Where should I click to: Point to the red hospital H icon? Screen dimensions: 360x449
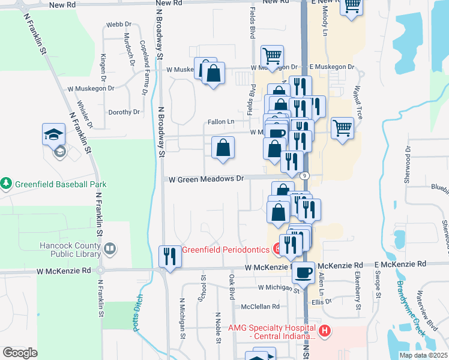point(325,330)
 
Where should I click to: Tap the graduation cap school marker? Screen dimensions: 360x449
point(53,134)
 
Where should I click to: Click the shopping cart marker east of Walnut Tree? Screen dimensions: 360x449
point(342,127)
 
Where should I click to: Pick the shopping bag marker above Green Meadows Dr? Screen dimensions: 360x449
point(223,147)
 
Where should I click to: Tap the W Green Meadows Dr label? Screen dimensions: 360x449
point(206,179)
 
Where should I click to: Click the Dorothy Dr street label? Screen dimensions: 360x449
point(124,112)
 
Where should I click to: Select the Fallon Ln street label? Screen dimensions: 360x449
point(221,122)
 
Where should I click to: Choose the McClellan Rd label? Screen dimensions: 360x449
point(261,306)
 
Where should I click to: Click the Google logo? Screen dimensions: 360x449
point(20,353)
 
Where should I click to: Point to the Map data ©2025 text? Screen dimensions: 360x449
point(423,355)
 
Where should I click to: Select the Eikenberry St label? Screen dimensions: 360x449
point(358,298)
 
